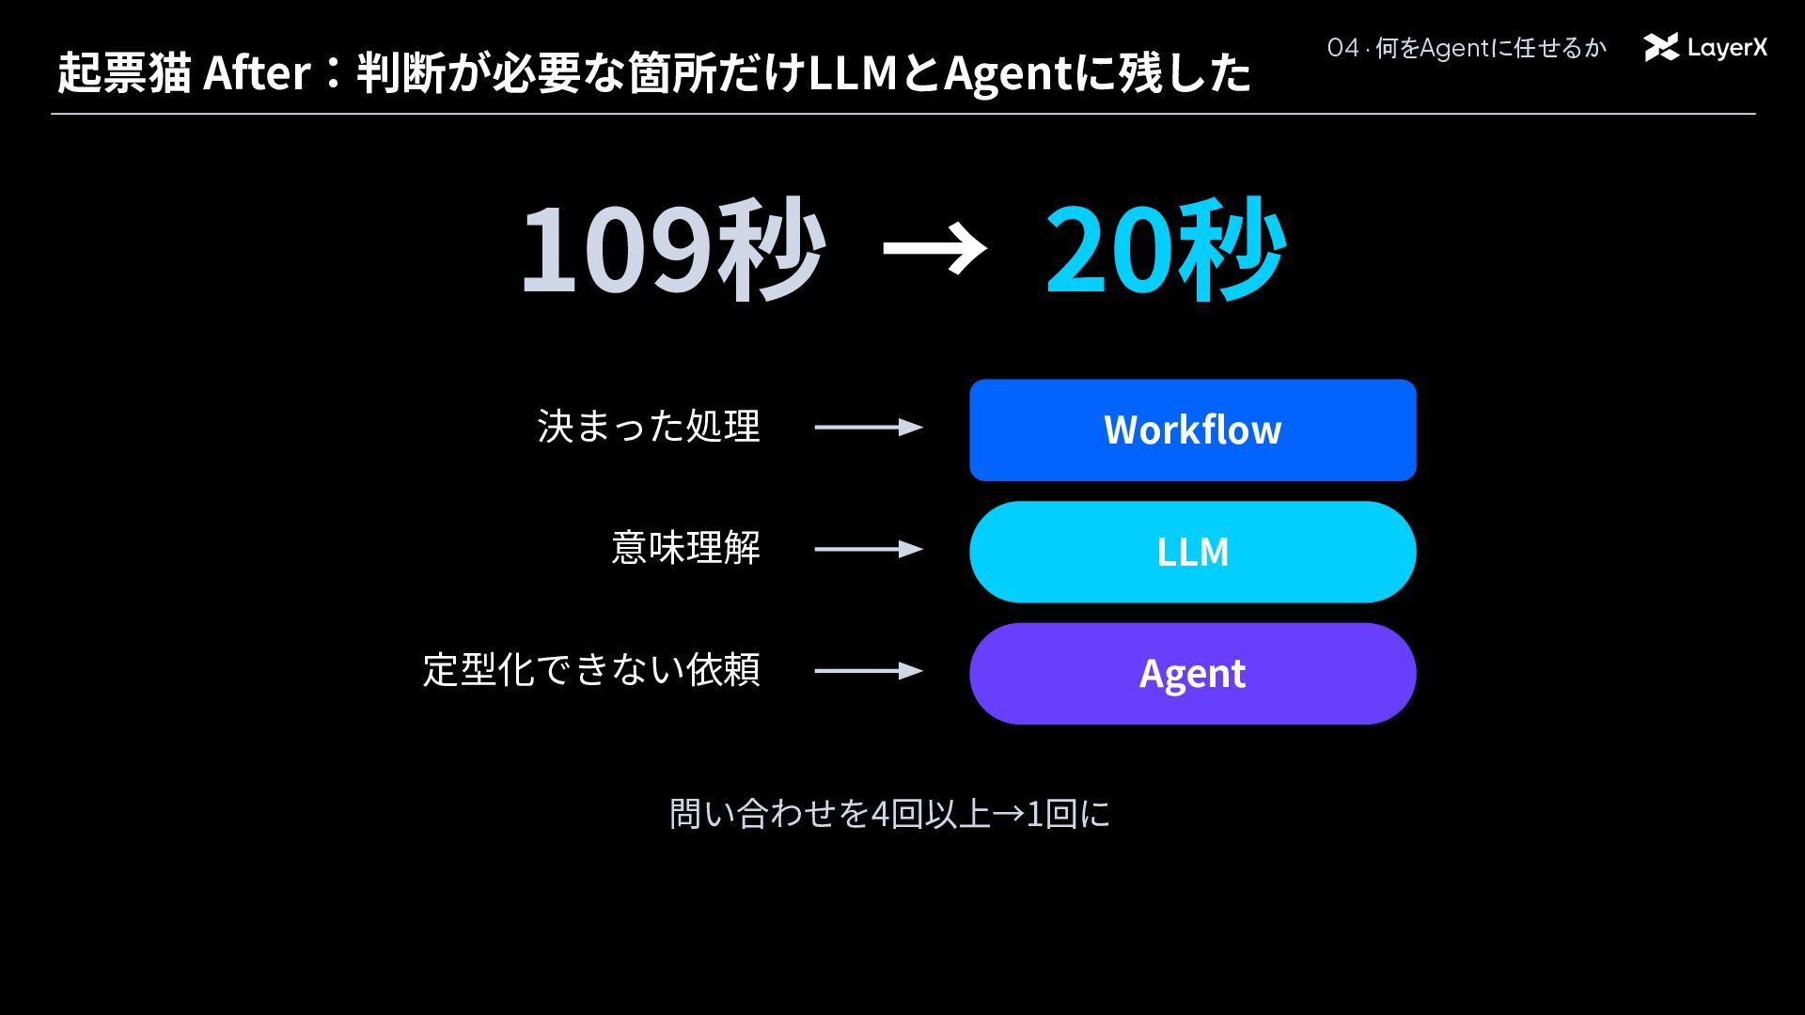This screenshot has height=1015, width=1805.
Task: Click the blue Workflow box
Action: click(1192, 429)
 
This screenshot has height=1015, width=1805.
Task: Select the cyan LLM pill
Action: click(1192, 552)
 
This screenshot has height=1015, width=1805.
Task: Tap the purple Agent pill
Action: click(1192, 673)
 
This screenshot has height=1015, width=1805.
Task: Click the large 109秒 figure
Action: click(673, 249)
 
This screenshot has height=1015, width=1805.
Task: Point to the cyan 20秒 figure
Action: click(1166, 249)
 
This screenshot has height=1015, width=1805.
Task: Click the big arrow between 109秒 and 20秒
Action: click(934, 249)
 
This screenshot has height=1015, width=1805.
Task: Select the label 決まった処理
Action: click(649, 426)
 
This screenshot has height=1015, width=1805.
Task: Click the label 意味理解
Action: click(686, 548)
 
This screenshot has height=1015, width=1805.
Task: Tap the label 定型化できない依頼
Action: click(591, 669)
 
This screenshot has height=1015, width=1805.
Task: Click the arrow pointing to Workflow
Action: click(869, 427)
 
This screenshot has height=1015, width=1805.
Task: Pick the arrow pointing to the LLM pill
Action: click(869, 549)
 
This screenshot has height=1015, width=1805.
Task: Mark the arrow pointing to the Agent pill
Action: click(869, 670)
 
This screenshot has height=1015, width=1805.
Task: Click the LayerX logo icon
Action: click(1661, 47)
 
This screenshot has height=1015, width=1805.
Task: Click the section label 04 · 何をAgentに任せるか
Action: click(1467, 48)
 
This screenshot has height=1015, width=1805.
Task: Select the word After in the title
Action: click(257, 72)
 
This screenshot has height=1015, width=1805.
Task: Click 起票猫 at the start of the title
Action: click(124, 72)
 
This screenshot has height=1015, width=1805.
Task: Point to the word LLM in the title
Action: click(853, 72)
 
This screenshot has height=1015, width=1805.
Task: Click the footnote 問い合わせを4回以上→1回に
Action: click(889, 814)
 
